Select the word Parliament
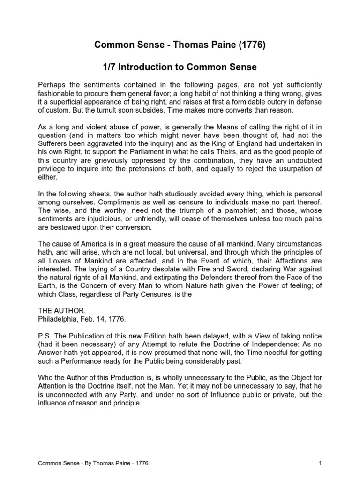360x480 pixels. pyautogui.click(x=133, y=153)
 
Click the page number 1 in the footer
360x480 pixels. pyautogui.click(x=320, y=464)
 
